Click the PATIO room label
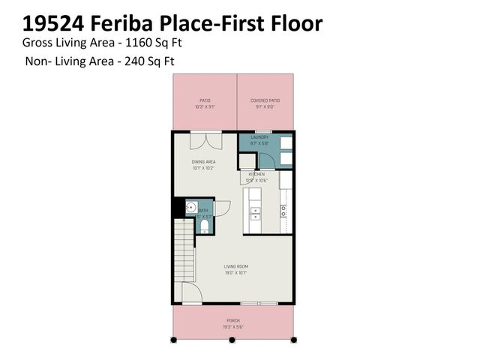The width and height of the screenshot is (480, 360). pos(205,100)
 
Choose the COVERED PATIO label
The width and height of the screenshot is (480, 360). pos(265,100)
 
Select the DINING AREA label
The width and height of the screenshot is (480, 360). pos(205,161)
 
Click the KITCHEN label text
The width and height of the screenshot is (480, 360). pos(256,174)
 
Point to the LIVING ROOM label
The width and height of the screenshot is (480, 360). pos(235,266)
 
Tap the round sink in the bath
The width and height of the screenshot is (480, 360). pos(191,208)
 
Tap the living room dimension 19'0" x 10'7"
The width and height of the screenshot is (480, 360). pos(235,273)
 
